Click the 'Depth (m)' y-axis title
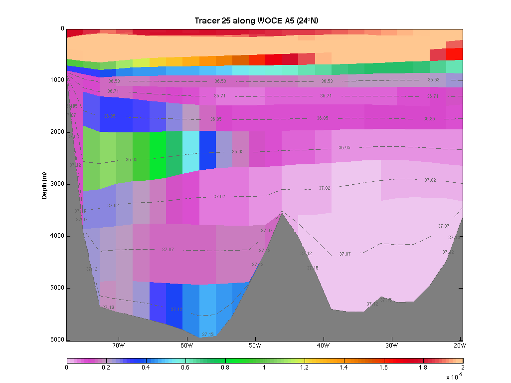click(44, 185)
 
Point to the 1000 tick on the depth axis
click(58, 80)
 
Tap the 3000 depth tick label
click(58, 184)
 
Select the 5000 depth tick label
click(58, 288)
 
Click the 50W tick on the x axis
click(255, 345)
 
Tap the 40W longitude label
click(323, 345)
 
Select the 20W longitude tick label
click(460, 345)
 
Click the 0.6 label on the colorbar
click(185, 368)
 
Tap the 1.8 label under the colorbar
click(423, 368)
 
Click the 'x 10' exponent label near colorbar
click(453, 377)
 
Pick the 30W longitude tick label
click(391, 345)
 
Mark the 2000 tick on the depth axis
click(58, 132)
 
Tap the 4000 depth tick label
click(58, 236)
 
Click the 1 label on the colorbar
click(265, 368)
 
